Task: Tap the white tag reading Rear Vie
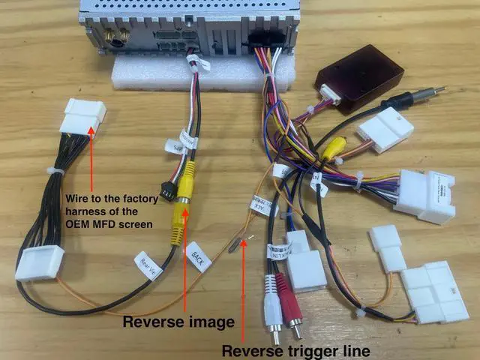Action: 147,262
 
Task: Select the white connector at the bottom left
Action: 39,263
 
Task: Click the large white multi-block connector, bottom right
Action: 433,292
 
